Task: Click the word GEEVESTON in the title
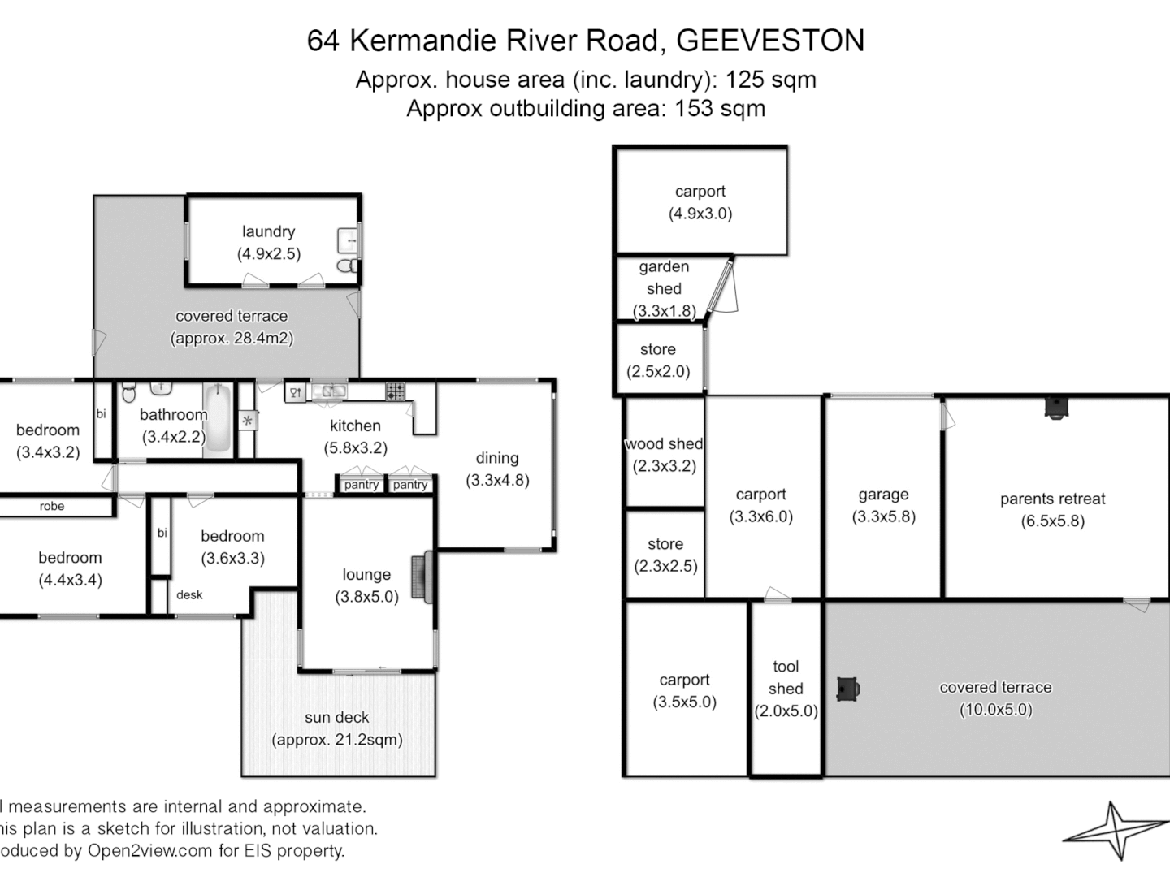pos(770,41)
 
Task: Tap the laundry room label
pos(268,231)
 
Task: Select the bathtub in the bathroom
pos(217,420)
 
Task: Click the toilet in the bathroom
pos(129,393)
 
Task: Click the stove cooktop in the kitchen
pos(395,391)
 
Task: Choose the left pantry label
pos(362,485)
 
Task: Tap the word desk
pos(189,594)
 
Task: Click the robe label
pos(52,506)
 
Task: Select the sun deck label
pos(336,717)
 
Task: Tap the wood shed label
pos(664,443)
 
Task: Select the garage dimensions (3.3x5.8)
pos(883,516)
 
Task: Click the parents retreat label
pos(1052,499)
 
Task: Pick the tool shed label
pos(786,677)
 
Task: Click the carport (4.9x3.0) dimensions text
pos(700,214)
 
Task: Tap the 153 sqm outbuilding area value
pos(720,108)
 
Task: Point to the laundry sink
pos(347,240)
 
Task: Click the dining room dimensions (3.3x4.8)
pos(497,480)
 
